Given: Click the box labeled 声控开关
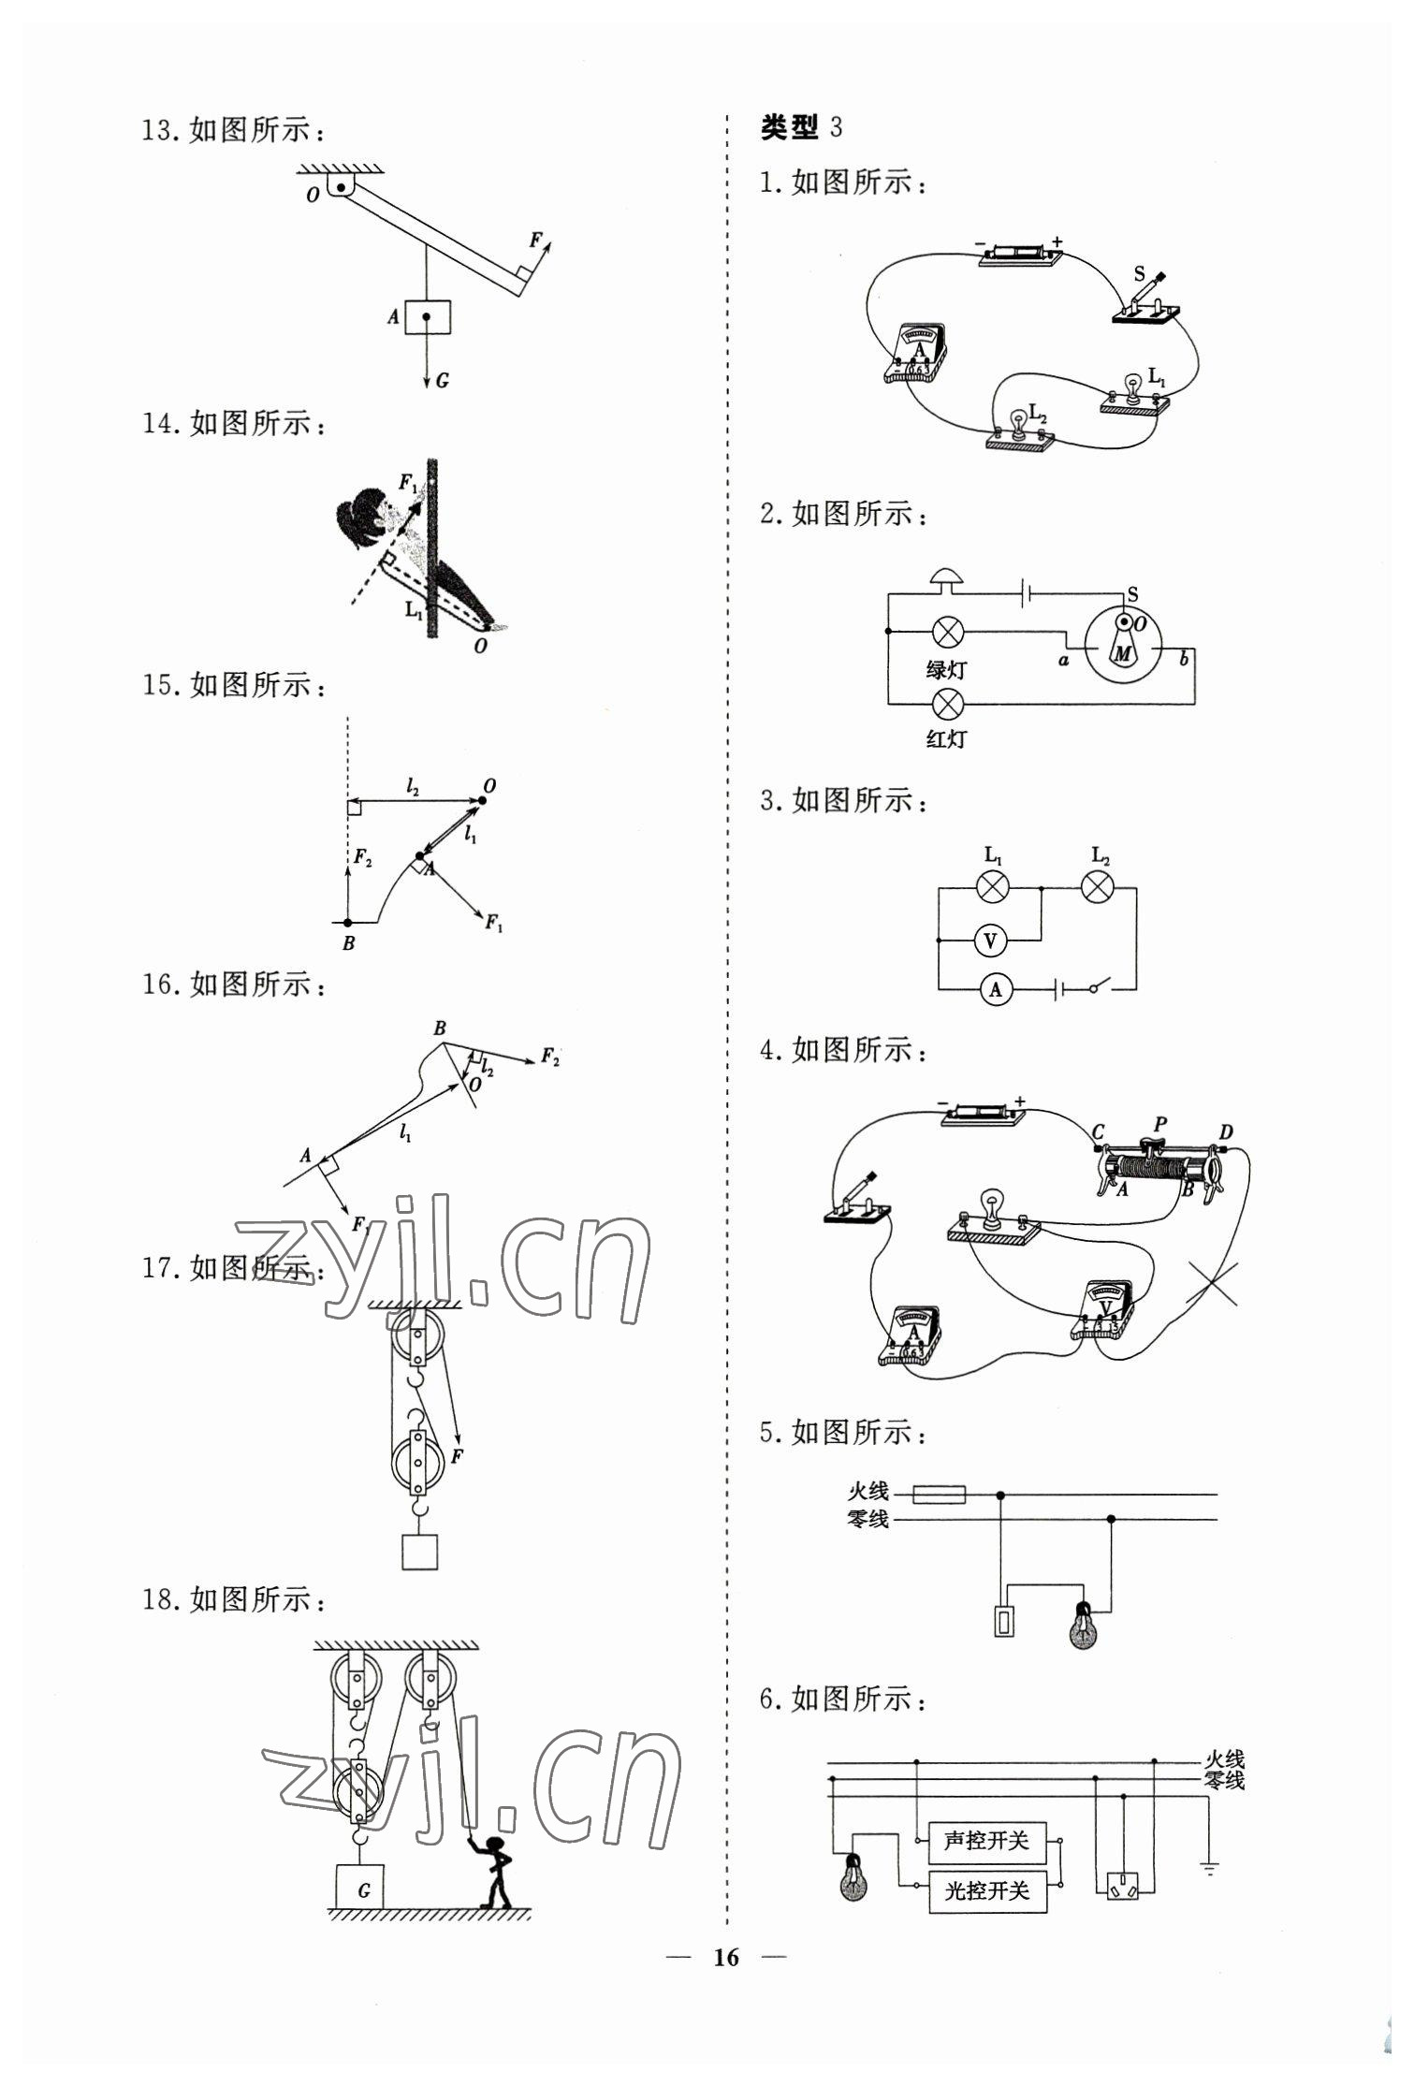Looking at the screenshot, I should (986, 1841).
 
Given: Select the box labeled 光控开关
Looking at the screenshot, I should (986, 1891).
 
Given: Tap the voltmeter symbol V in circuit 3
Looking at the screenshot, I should (990, 941).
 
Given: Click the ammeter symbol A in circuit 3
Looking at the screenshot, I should (996, 989).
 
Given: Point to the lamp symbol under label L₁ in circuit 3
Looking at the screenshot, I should (992, 886).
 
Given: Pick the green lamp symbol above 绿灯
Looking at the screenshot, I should (949, 632).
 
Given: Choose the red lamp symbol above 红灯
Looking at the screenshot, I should (949, 703).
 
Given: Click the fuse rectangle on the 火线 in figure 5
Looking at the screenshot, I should (939, 1495).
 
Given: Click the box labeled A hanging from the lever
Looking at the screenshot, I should (427, 317).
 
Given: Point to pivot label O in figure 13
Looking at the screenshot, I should (313, 195).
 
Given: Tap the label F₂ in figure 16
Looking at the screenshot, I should (550, 1058).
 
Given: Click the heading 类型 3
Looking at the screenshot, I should (801, 127).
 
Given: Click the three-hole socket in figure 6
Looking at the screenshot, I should (1123, 1887).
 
